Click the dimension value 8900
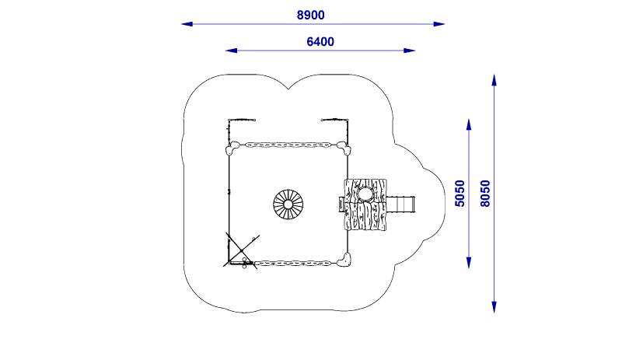tap(311, 15)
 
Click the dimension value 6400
tap(320, 42)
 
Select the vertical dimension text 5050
tap(460, 193)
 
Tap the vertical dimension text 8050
tap(485, 193)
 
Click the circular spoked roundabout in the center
tap(288, 204)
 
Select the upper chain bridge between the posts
tap(288, 145)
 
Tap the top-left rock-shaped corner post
tap(232, 149)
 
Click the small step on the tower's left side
tap(341, 204)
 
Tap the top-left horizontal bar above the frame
tap(242, 120)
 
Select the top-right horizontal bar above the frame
tap(334, 120)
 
